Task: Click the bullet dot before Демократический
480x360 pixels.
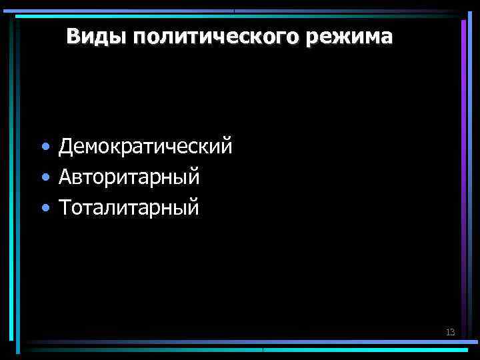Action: [x=44, y=147]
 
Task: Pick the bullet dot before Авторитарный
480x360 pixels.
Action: [x=44, y=177]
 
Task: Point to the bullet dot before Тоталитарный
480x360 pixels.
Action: [x=44, y=208]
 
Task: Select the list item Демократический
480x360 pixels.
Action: [x=145, y=146]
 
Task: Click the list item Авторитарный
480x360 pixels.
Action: [x=129, y=177]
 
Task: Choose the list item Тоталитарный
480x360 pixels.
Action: [x=129, y=207]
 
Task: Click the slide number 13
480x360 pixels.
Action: [x=450, y=332]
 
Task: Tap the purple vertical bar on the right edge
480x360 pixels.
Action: [x=463, y=100]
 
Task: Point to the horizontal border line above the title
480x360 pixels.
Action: [x=240, y=12]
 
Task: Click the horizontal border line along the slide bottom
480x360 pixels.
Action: [x=240, y=347]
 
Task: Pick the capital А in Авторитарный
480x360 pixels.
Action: [x=65, y=177]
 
